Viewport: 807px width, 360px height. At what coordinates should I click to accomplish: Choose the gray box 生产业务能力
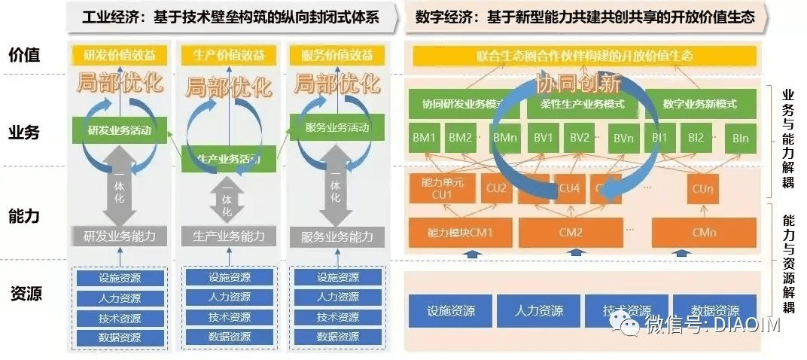coord(228,236)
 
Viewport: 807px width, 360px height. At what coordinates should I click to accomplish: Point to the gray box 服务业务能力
coord(337,236)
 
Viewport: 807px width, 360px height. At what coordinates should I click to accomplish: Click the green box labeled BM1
coord(425,138)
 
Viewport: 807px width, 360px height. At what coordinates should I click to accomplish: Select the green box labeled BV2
coord(579,138)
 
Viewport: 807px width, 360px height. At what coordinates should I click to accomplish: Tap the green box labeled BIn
coord(740,139)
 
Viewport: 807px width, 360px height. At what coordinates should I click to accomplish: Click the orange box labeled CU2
coord(497,189)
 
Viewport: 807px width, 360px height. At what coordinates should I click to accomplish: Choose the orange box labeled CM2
coord(571,233)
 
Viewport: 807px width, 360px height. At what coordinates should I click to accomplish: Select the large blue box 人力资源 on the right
coord(539,310)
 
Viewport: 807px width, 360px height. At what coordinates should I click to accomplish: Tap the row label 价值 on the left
coord(24,55)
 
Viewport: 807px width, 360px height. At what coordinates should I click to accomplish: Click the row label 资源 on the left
coord(24,294)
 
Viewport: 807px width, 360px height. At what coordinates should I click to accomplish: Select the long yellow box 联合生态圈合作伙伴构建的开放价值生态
coord(584,56)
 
